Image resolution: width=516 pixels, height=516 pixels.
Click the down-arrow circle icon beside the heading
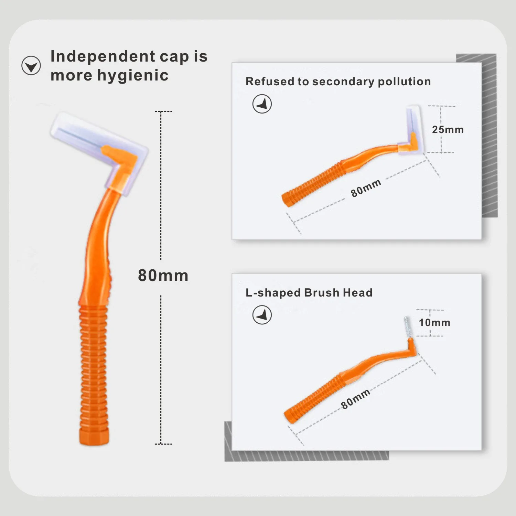(31, 65)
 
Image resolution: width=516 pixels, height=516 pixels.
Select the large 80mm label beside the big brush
(163, 276)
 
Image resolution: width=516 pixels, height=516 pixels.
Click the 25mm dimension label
(448, 130)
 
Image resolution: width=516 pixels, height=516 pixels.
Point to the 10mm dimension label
(434, 323)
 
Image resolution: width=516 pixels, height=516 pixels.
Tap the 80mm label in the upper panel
(366, 188)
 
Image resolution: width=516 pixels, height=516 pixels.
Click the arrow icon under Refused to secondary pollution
(262, 104)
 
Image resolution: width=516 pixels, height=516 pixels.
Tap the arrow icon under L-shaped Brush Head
(262, 315)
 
